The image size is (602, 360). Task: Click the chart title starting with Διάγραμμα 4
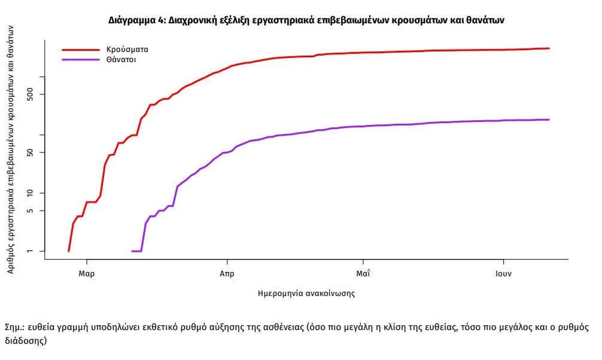pos(306,20)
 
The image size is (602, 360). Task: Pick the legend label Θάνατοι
pos(123,60)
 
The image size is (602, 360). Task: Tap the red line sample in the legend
pos(80,50)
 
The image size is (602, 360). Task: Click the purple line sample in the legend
pos(80,60)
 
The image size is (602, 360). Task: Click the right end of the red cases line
pos(549,48)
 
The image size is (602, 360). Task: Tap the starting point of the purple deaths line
pos(132,251)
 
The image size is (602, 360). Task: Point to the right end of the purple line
pos(549,120)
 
